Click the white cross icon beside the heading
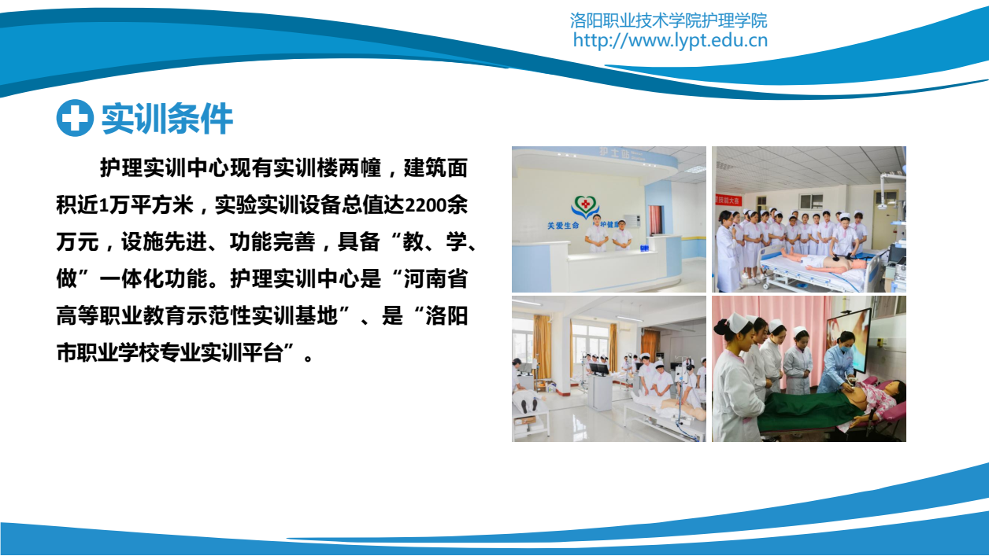click(75, 118)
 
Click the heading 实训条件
click(168, 118)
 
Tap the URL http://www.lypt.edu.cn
click(670, 41)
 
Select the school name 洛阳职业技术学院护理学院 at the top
click(669, 20)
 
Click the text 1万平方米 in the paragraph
click(147, 205)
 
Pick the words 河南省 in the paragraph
click(435, 279)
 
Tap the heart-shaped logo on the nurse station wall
click(585, 206)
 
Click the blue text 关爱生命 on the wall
click(563, 226)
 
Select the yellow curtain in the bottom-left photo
click(543, 346)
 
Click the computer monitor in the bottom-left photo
click(598, 369)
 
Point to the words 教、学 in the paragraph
click(435, 242)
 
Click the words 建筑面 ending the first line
click(435, 168)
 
